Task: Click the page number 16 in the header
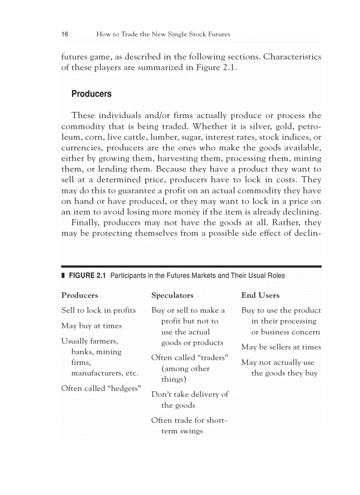[x=64, y=34]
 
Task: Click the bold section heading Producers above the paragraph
[x=91, y=94]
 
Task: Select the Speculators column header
[x=172, y=295]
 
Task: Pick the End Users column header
[x=260, y=295]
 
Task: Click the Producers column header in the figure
[x=79, y=295]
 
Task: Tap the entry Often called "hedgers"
[x=101, y=388]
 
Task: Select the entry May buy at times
[x=91, y=326]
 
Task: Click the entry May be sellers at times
[x=281, y=347]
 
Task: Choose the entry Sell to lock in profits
[x=98, y=310]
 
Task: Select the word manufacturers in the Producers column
[x=97, y=373]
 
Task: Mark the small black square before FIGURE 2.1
[x=63, y=276]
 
